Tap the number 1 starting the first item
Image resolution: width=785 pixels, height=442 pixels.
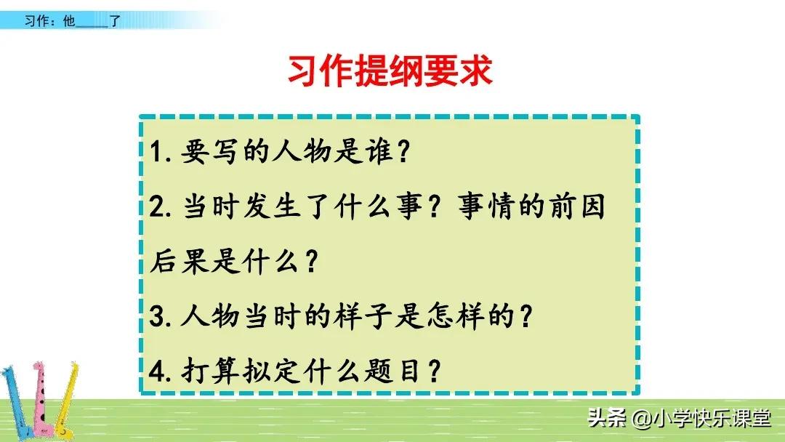click(156, 154)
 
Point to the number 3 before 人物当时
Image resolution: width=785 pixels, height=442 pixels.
click(157, 318)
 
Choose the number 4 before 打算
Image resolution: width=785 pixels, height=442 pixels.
click(158, 373)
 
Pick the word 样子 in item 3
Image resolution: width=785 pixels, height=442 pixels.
click(396, 318)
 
